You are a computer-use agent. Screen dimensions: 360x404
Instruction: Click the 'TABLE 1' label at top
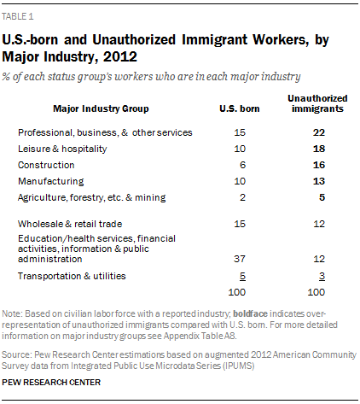point(18,16)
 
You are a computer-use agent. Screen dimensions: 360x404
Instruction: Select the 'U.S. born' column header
point(240,108)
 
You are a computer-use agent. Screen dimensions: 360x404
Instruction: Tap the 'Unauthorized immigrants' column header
point(317,103)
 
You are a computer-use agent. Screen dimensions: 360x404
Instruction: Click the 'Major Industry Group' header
point(101,108)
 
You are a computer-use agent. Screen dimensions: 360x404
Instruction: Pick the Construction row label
point(46,165)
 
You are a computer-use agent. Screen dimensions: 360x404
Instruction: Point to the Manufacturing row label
point(51,181)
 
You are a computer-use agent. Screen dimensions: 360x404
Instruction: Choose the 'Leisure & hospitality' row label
point(62,149)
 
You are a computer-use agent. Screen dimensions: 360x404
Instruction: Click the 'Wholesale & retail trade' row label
point(70,224)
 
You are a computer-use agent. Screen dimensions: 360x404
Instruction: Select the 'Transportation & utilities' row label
point(72,276)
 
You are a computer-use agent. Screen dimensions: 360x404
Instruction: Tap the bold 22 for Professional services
point(319,132)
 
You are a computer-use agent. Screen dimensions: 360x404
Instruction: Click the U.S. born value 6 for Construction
point(242,165)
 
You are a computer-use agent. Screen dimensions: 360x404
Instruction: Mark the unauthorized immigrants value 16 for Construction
point(319,165)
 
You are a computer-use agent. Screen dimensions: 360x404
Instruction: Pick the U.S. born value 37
point(240,259)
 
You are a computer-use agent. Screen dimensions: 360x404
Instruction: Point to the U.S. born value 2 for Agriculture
point(242,197)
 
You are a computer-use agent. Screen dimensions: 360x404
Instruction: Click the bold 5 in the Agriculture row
point(322,197)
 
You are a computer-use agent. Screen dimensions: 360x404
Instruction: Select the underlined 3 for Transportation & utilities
point(322,277)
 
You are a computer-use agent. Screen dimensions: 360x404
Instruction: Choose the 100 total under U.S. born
point(237,292)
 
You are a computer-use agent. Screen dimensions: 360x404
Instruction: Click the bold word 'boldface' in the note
point(250,313)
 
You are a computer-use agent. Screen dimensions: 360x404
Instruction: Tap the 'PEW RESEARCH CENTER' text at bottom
point(51,383)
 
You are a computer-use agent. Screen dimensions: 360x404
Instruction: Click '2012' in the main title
point(120,57)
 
